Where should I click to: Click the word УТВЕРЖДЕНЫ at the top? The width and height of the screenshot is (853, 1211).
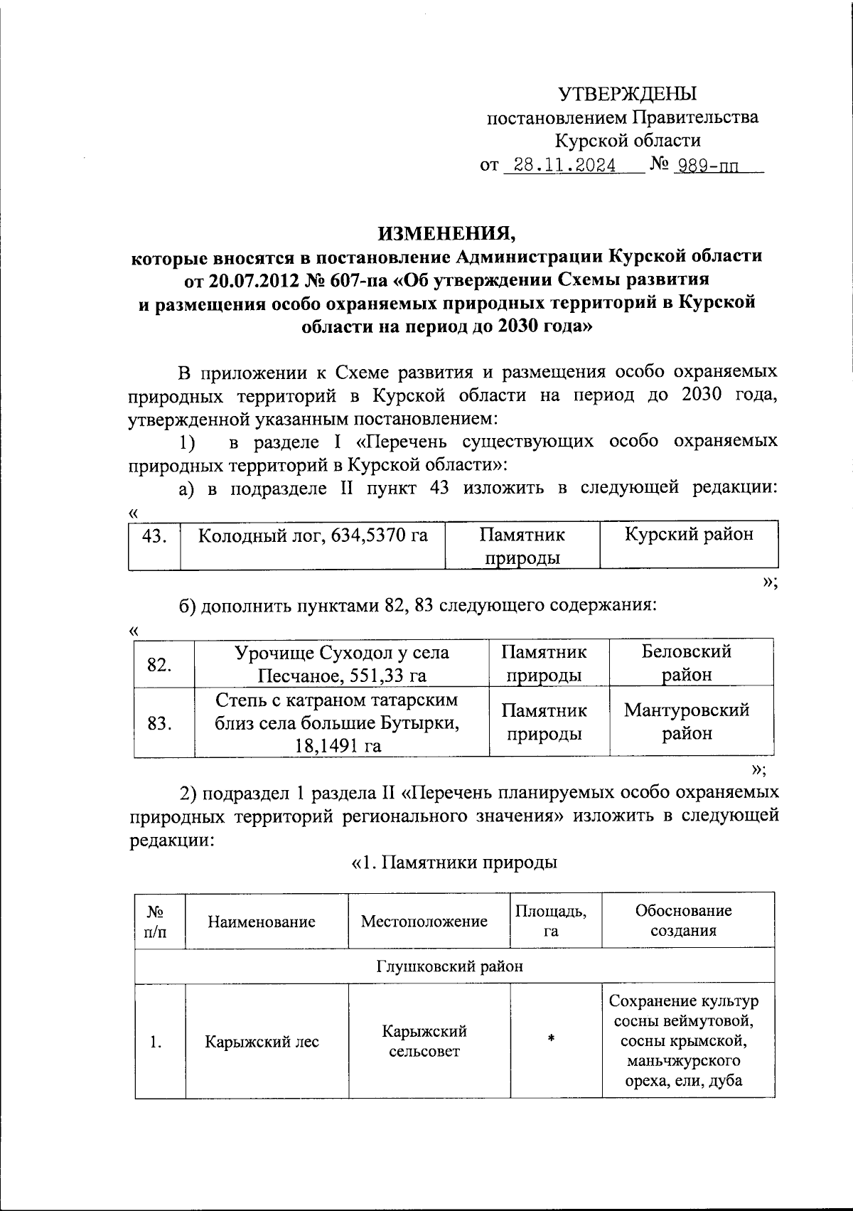pyautogui.click(x=627, y=94)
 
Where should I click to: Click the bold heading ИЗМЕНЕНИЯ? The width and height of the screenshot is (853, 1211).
pyautogui.click(x=446, y=233)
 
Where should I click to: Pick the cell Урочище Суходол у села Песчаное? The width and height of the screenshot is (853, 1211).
pyautogui.click(x=341, y=663)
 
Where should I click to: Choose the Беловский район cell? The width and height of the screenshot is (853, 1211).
pyautogui.click(x=687, y=663)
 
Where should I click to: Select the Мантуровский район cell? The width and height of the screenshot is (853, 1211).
pyautogui.click(x=687, y=721)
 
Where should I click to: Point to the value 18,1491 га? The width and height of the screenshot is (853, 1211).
pyautogui.click(x=338, y=745)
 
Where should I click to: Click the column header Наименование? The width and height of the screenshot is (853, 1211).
pyautogui.click(x=262, y=922)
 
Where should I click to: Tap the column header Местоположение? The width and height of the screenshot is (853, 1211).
pyautogui.click(x=424, y=922)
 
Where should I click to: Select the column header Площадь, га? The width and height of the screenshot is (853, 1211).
pyautogui.click(x=551, y=921)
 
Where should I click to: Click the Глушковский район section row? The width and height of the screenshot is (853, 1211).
pyautogui.click(x=449, y=966)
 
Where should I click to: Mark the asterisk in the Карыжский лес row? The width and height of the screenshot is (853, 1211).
pyautogui.click(x=551, y=1039)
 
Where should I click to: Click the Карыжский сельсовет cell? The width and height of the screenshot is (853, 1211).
pyautogui.click(x=424, y=1041)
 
